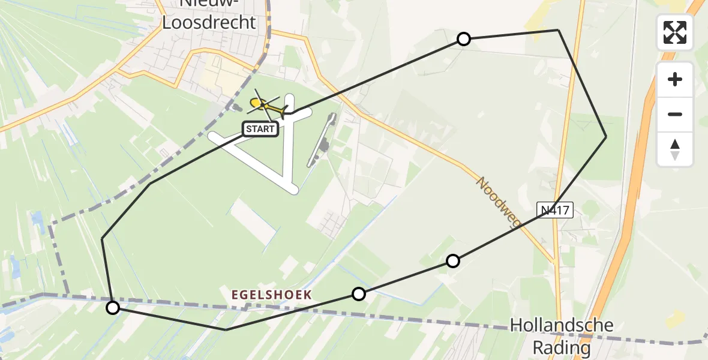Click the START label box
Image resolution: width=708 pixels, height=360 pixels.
click(260, 128)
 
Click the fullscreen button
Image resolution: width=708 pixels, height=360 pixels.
click(675, 32)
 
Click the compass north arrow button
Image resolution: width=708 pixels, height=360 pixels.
click(675, 150)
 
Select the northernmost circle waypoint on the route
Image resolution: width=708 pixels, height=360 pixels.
click(464, 40)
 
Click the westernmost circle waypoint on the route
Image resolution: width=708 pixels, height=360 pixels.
click(113, 308)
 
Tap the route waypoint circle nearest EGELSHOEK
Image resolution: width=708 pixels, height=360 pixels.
click(359, 293)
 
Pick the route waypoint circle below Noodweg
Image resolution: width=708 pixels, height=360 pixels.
click(453, 260)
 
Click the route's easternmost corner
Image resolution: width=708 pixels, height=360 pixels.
click(606, 137)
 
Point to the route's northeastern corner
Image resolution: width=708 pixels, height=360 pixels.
click(558, 29)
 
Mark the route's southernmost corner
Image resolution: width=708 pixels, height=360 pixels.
click(226, 329)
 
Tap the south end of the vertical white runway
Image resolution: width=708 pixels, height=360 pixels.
click(291, 188)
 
